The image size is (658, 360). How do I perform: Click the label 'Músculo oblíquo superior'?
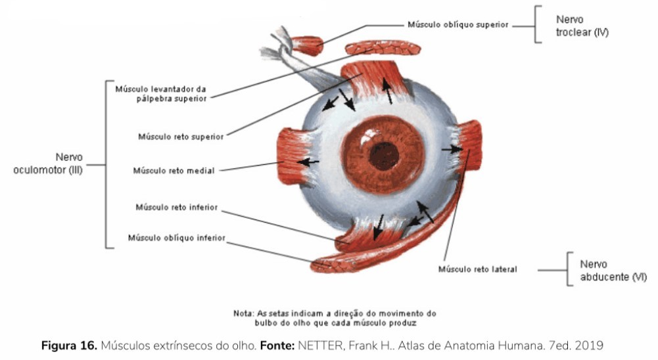(x=458, y=25)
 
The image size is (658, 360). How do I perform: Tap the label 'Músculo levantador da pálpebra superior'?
(x=161, y=93)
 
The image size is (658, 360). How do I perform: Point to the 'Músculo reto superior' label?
(x=181, y=137)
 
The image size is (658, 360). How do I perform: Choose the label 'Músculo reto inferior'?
(x=176, y=207)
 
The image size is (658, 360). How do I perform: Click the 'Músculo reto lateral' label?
(x=478, y=269)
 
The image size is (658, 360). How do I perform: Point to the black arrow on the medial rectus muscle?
(x=309, y=161)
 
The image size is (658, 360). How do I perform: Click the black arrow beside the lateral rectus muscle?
(x=452, y=150)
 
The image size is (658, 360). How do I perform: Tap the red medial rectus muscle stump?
(x=287, y=157)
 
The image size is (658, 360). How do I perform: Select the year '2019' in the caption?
(x=590, y=345)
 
